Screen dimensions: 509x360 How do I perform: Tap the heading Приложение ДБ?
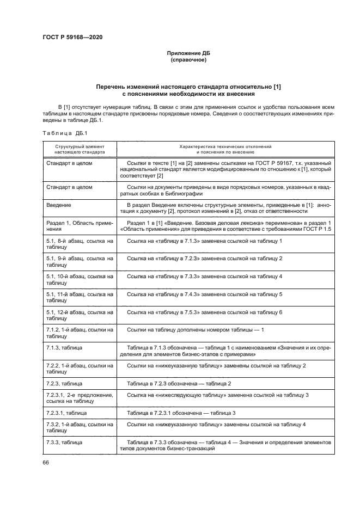(188, 53)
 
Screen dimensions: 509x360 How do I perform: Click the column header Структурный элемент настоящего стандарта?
(80, 150)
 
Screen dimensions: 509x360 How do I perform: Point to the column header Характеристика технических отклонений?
(225, 148)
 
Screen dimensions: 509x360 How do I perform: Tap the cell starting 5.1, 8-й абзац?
(79, 244)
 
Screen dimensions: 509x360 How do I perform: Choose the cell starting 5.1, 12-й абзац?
(79, 316)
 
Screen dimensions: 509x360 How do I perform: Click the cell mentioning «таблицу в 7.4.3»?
(204, 294)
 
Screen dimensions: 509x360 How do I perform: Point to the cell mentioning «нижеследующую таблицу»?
(218, 394)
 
